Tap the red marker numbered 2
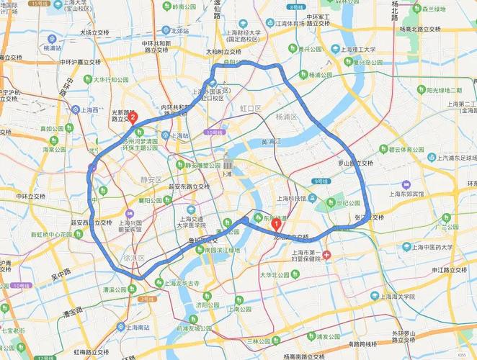point(133,117)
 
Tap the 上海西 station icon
point(76,109)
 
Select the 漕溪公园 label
point(115,289)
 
